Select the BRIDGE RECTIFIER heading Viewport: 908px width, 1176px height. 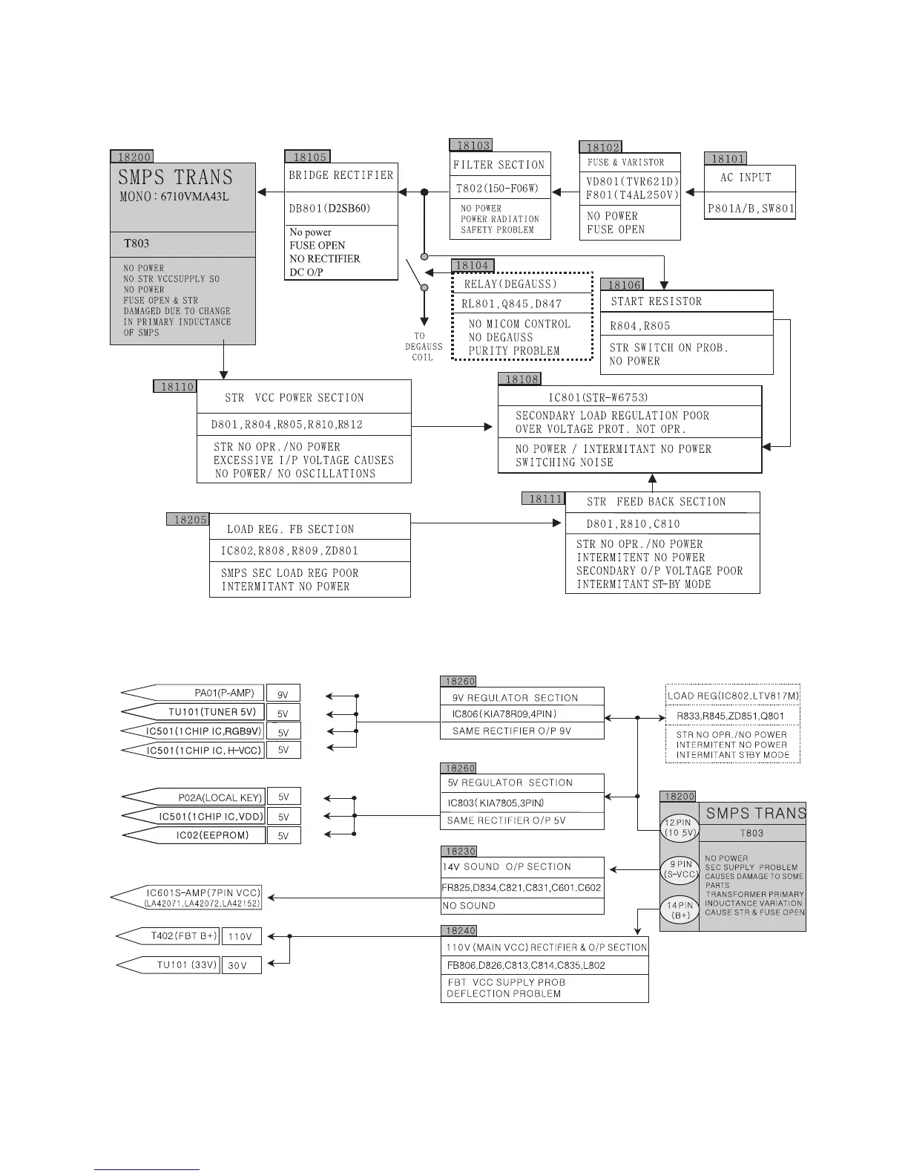point(340,175)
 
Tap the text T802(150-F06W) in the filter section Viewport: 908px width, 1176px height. point(497,189)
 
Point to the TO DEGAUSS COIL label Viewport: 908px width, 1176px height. point(423,347)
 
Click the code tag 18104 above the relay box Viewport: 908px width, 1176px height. point(472,266)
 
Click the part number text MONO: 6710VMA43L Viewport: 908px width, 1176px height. point(174,197)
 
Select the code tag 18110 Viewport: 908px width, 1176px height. point(177,387)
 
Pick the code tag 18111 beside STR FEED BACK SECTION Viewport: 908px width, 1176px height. point(545,500)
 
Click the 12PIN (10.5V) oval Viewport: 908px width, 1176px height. point(680,828)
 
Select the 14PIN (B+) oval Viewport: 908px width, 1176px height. point(680,910)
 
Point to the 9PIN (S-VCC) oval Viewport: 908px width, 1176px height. point(680,869)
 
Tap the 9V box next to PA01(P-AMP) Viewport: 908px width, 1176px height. point(283,695)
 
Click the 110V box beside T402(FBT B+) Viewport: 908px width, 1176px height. point(240,937)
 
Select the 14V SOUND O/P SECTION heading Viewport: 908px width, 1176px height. point(507,866)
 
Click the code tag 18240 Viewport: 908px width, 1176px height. point(460,930)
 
